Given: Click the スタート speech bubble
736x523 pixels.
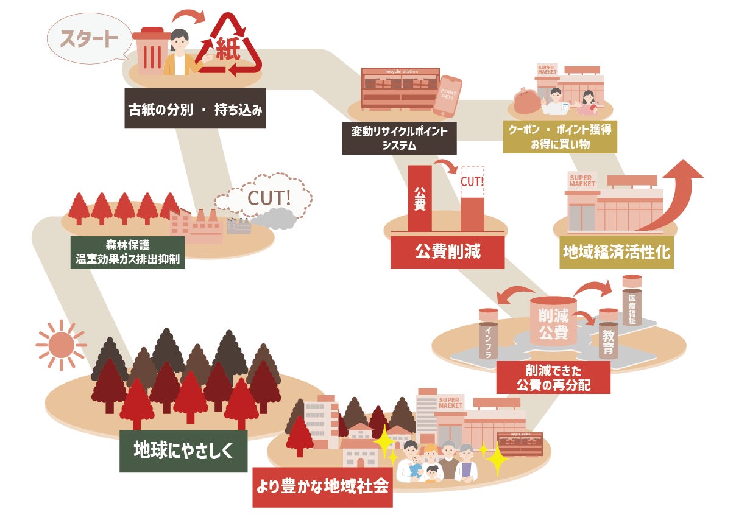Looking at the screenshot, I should (x=89, y=39).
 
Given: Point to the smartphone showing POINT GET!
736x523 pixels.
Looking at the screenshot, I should (x=447, y=96).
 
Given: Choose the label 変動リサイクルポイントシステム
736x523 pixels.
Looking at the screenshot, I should (x=399, y=138).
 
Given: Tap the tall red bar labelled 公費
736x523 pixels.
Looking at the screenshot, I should (x=419, y=198).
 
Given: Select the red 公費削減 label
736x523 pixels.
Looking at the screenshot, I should (x=447, y=251).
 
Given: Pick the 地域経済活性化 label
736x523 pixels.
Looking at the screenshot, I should (x=617, y=252).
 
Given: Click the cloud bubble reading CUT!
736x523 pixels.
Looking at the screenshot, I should (x=268, y=198).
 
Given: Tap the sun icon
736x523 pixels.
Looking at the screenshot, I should (x=60, y=346).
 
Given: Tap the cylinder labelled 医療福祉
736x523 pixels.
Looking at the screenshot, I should (x=632, y=302).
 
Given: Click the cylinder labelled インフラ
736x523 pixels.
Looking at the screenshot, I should (x=489, y=333).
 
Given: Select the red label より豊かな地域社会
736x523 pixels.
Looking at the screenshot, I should (x=322, y=487).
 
